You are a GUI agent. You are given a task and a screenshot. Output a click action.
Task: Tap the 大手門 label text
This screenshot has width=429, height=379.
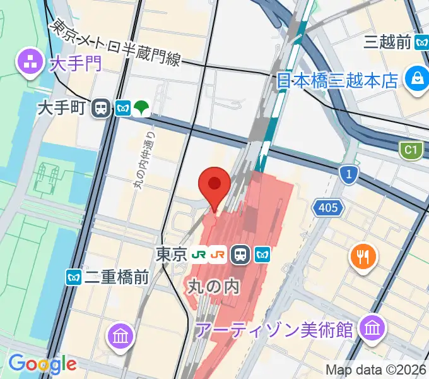(x=75, y=63)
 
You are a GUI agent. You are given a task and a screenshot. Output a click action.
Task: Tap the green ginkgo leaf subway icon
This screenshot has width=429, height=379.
(x=142, y=109)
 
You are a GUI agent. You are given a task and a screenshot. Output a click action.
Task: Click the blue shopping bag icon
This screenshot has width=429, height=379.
(x=417, y=80)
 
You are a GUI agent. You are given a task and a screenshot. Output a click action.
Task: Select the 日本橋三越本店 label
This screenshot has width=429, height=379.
(x=338, y=81)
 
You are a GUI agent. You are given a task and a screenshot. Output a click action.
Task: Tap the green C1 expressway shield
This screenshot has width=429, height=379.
(x=410, y=150)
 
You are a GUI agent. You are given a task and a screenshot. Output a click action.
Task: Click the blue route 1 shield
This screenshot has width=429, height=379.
(x=347, y=173)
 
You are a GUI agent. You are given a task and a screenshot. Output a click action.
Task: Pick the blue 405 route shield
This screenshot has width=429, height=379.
(x=328, y=207)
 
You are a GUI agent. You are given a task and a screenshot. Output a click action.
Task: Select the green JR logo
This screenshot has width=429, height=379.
(x=200, y=255)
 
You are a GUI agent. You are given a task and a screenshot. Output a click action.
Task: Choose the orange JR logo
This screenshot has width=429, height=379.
(x=219, y=255)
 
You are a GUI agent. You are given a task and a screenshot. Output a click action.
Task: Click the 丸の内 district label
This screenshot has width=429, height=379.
(x=214, y=287)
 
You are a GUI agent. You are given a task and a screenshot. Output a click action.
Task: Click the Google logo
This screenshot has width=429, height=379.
(x=42, y=364)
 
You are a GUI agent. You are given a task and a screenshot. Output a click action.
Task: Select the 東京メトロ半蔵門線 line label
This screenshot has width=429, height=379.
(x=117, y=44)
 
